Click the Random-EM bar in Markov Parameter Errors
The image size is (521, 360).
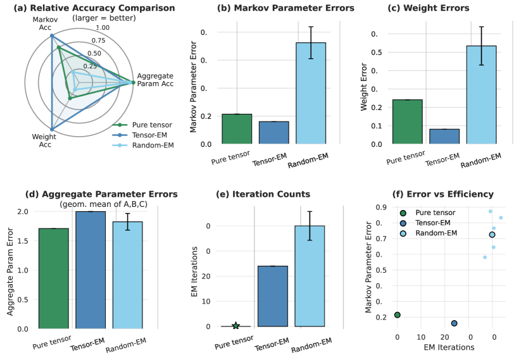pos(311,93)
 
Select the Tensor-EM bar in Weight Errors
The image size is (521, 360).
pos(444,137)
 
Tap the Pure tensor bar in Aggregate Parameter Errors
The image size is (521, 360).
pos(54,278)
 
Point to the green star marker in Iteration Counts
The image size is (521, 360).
pos(236,326)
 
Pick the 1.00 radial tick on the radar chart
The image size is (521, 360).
pos(102,28)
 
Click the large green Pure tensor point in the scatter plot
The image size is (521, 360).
pos(398,315)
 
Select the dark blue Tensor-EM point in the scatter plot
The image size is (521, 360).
pos(454,323)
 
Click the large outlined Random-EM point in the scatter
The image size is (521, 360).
pos(492,235)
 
